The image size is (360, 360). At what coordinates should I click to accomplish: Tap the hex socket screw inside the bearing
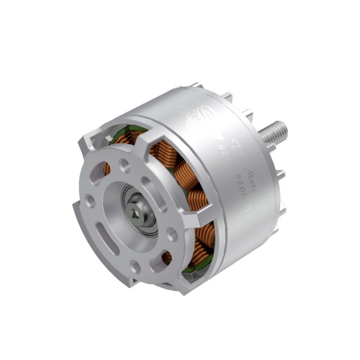[138, 210]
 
